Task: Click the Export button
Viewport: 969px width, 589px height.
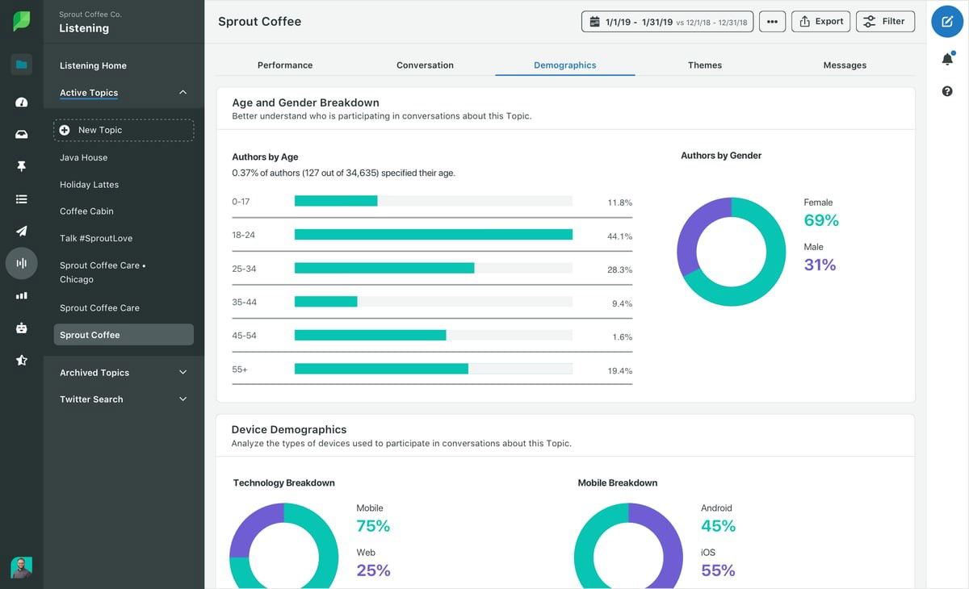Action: point(820,22)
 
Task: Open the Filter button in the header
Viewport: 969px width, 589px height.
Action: point(885,22)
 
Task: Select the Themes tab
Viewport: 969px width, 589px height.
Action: point(704,65)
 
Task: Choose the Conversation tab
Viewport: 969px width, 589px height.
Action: point(425,65)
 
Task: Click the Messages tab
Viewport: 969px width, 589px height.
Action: point(845,65)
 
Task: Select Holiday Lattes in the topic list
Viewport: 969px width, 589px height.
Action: point(89,185)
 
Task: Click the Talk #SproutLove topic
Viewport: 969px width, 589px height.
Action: point(96,239)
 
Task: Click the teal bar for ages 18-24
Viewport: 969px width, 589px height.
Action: point(433,235)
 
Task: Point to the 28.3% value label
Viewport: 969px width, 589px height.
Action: point(619,270)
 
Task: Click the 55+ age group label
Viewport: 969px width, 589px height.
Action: point(240,370)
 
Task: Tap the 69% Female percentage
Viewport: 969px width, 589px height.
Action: point(821,220)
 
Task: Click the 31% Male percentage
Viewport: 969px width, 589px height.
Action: point(820,265)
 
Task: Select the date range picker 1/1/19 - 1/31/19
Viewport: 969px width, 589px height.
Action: point(667,22)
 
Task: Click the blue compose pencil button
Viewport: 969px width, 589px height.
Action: point(947,22)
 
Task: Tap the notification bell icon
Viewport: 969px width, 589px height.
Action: point(947,59)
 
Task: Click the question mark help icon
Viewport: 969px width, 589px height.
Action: point(947,91)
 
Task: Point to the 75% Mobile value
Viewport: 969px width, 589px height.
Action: point(373,526)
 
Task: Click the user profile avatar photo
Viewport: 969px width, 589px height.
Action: point(22,567)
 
